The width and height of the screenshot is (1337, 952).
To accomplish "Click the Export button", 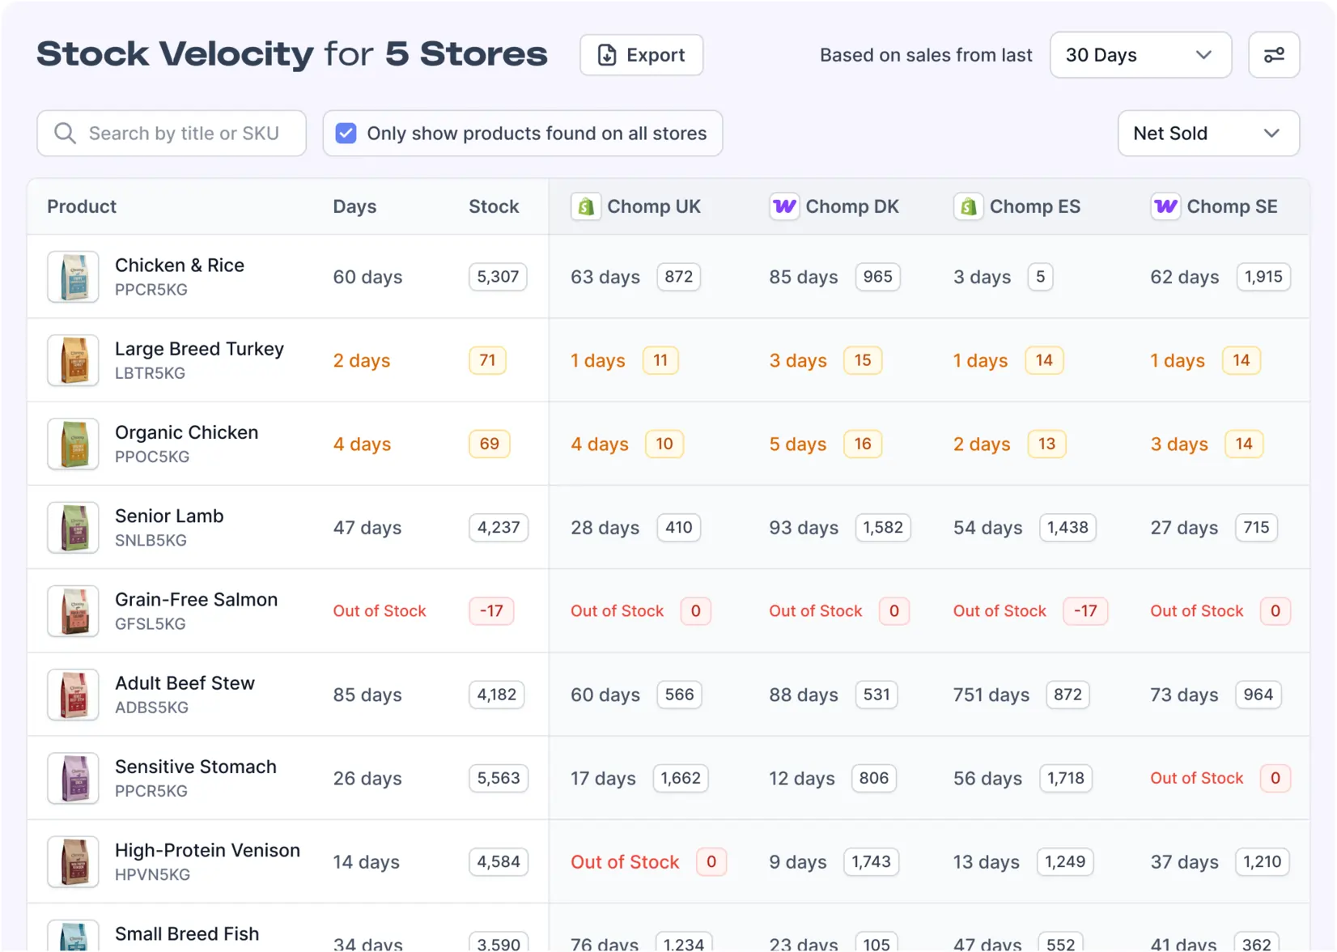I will (x=641, y=55).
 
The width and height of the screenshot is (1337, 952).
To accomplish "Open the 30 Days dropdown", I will (x=1140, y=55).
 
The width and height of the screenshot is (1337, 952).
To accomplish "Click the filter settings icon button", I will (x=1273, y=55).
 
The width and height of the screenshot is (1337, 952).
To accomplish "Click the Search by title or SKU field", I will (x=172, y=134).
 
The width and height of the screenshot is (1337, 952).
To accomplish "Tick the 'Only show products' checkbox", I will (x=346, y=134).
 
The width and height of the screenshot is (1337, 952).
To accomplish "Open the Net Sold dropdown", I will (x=1208, y=134).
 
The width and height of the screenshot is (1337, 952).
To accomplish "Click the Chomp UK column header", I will (x=653, y=206).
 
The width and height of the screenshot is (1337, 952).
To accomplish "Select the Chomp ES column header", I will (x=1034, y=206).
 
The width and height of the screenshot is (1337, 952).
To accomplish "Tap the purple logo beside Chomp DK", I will (x=783, y=206).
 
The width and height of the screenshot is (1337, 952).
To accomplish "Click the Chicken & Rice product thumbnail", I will (x=73, y=277).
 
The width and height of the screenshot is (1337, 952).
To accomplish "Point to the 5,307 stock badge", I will (x=498, y=277).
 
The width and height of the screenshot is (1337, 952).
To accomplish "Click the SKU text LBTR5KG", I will (x=150, y=373).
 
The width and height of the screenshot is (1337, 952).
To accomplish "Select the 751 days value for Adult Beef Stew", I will (x=991, y=695).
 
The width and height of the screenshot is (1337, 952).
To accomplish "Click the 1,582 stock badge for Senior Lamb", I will (x=882, y=528).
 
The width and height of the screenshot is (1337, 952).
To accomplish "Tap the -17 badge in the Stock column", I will (x=491, y=611).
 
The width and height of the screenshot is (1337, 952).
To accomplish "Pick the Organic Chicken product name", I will (x=186, y=432).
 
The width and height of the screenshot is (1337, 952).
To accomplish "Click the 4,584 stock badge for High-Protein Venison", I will (x=498, y=862).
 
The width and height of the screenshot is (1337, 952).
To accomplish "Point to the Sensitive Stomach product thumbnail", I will (x=73, y=778).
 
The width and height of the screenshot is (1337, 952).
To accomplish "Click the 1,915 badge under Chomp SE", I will (x=1263, y=277).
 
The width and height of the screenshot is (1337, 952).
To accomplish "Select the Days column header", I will (x=354, y=206).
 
